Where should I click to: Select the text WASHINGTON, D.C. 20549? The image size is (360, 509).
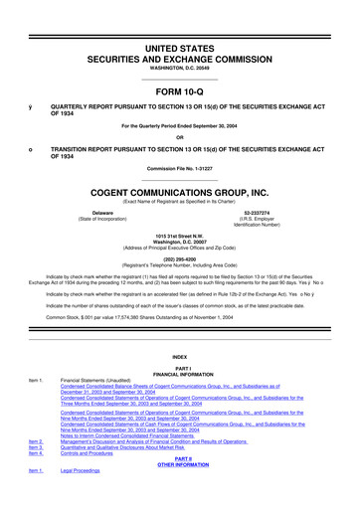coord(179,40)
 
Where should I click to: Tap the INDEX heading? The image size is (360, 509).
coord(179,356)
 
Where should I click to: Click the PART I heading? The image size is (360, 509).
coord(179,369)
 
